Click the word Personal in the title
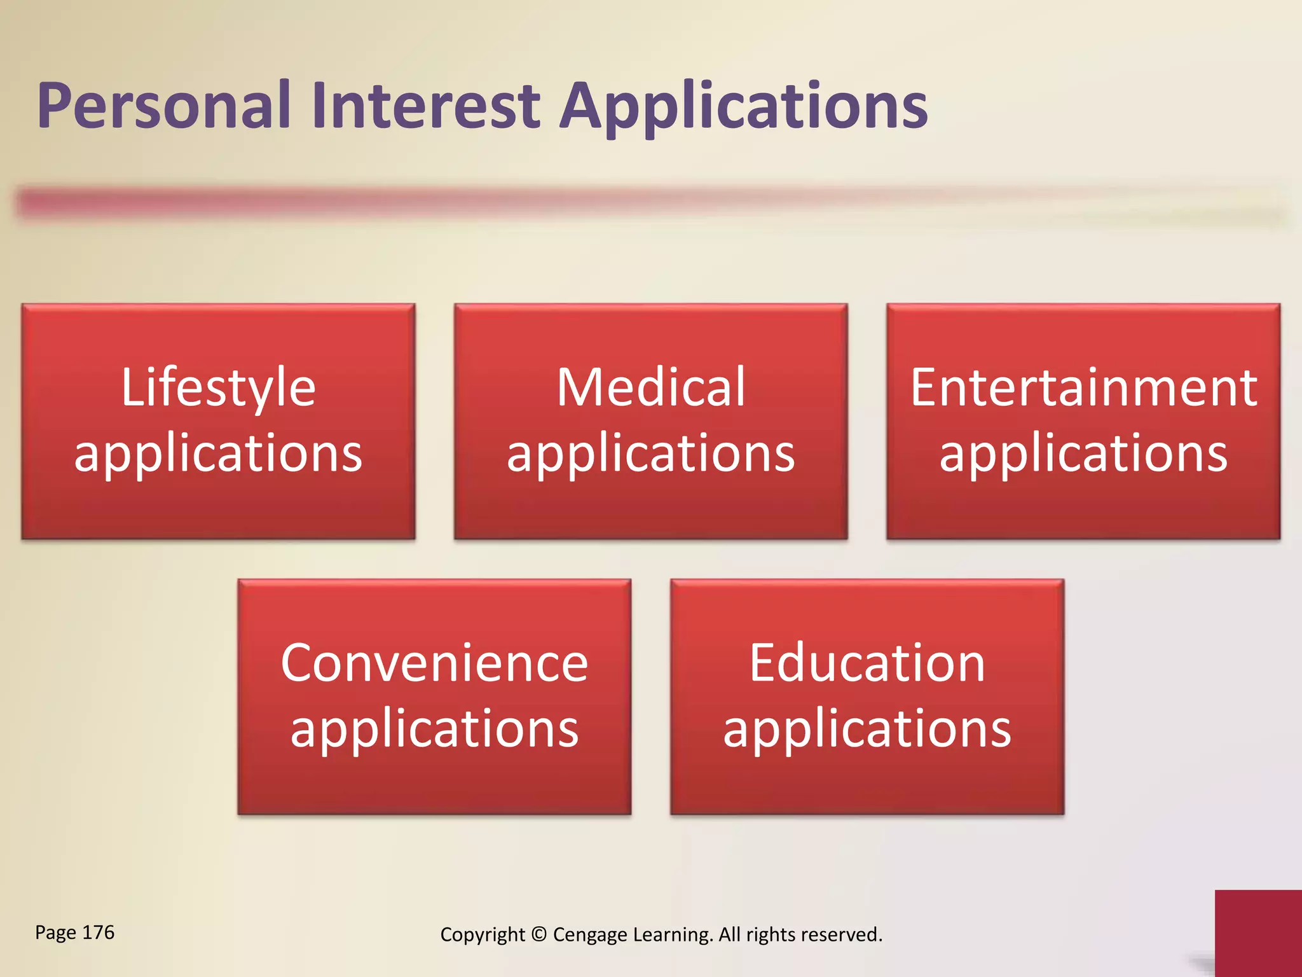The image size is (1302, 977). [164, 106]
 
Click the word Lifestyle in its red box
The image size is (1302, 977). [218, 388]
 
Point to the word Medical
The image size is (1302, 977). [650, 388]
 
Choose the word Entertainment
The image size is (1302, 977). [1083, 388]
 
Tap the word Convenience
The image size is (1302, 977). [434, 663]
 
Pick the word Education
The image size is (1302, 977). [867, 663]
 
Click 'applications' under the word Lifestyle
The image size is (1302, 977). [218, 455]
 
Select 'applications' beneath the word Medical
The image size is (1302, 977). [650, 455]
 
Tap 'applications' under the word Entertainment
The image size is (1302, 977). [1083, 455]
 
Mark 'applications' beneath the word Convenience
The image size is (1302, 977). [434, 730]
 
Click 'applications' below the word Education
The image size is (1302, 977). [867, 730]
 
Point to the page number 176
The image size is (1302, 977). [99, 932]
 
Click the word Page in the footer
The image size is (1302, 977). [55, 933]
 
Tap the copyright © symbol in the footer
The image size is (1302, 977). [538, 934]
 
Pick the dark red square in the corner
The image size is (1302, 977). [1257, 932]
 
